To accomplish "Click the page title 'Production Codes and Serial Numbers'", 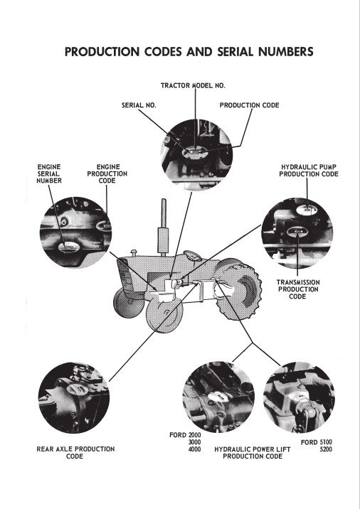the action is pyautogui.click(x=189, y=52).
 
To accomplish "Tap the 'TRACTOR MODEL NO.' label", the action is pyautogui.click(x=193, y=86).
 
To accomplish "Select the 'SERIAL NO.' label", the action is pyautogui.click(x=139, y=105).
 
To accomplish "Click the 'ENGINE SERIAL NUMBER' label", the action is pyautogui.click(x=49, y=173).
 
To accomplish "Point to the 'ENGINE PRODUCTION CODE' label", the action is pyautogui.click(x=107, y=173).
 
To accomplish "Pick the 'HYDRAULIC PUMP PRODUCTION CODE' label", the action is pyautogui.click(x=309, y=171).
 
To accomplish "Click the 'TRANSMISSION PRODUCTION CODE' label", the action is pyautogui.click(x=298, y=289).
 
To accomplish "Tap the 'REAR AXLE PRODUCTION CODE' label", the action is pyautogui.click(x=75, y=453).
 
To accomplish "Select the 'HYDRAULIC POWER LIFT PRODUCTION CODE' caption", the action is pyautogui.click(x=253, y=453).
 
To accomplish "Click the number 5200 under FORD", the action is pyautogui.click(x=326, y=449).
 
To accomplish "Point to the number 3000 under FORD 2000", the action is pyautogui.click(x=195, y=442).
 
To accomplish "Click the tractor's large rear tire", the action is pyautogui.click(x=239, y=289).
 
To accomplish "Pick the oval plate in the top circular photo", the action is pyautogui.click(x=195, y=152).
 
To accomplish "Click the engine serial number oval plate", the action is pyautogui.click(x=69, y=247).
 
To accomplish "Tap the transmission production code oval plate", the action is pyautogui.click(x=297, y=232).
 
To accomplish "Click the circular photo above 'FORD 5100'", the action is pyautogui.click(x=299, y=397).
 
